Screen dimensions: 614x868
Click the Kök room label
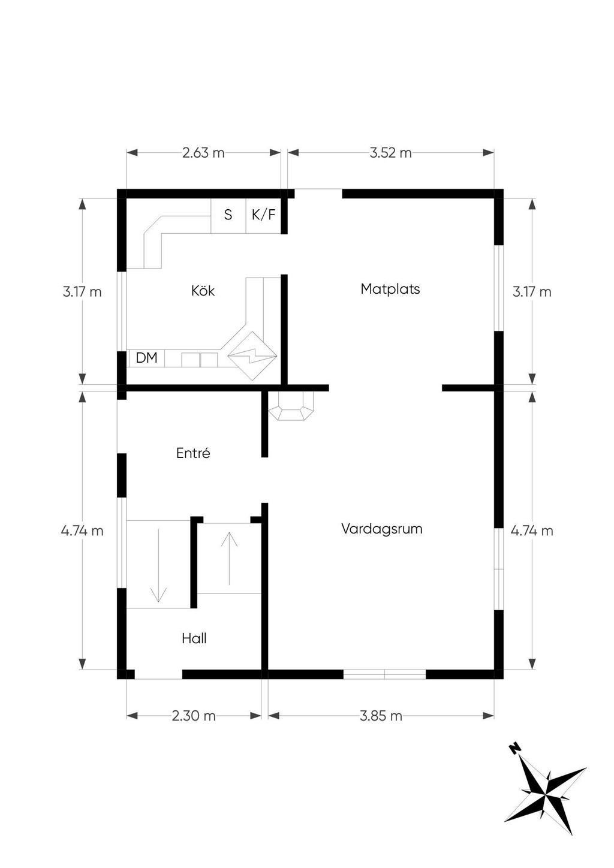(203, 291)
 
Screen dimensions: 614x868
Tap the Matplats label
(390, 289)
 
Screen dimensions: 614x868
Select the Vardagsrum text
(382, 529)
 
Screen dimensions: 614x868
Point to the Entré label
(193, 453)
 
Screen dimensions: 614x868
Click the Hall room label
(194, 638)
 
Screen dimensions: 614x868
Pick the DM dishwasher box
(146, 358)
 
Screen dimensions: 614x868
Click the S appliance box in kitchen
(228, 216)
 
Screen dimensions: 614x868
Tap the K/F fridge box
(264, 216)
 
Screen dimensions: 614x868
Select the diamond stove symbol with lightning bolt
(252, 355)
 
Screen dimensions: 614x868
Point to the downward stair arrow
(158, 565)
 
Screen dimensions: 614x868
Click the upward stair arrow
(229, 559)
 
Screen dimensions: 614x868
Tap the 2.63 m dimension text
(203, 153)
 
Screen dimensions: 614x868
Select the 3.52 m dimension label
(390, 153)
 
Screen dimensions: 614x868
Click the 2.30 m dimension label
(194, 716)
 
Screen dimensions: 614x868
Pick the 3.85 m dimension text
(381, 716)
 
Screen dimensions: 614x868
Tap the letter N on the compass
(515, 748)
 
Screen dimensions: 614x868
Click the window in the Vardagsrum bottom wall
(384, 674)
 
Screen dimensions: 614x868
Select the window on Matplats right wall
(498, 288)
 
